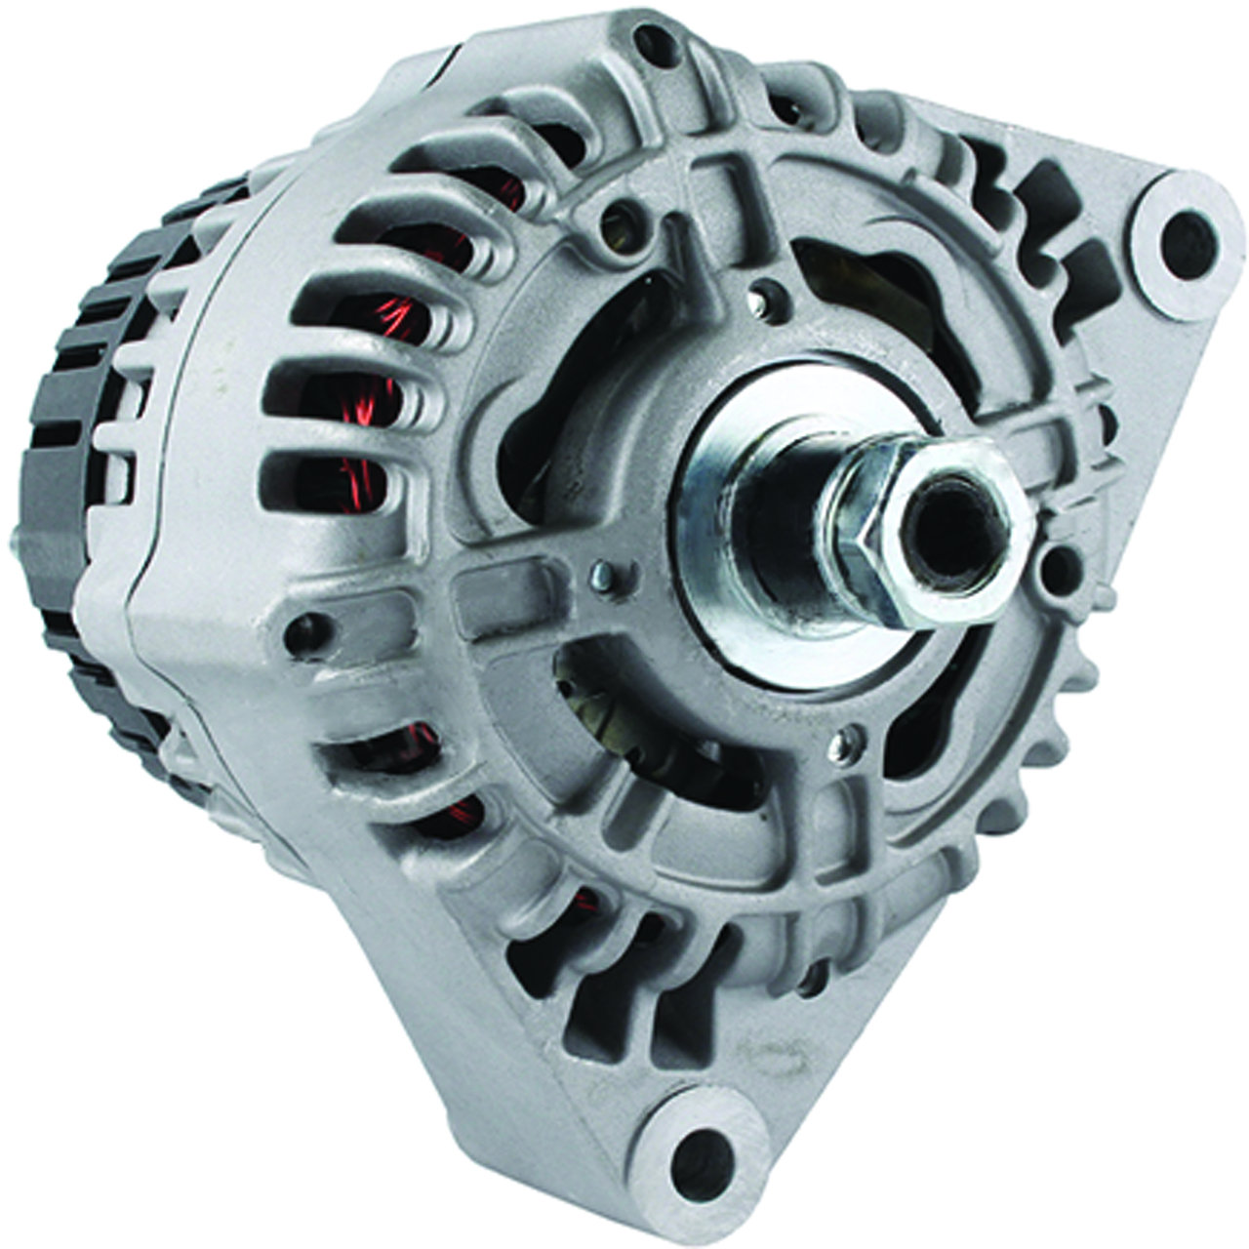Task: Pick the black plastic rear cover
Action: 88,410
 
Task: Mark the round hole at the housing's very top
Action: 652,40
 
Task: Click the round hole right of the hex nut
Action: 1054,563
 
